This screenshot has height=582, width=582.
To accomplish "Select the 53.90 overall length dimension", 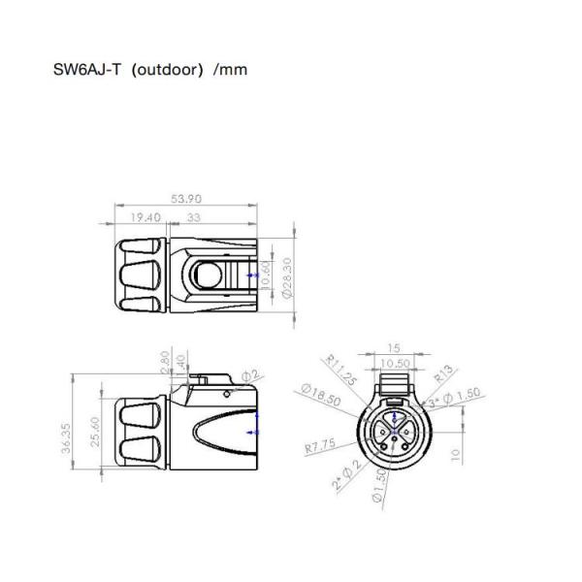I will point(186,199).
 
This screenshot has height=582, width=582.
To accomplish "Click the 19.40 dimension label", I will point(144,218).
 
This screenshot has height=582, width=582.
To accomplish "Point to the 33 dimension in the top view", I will point(194,218).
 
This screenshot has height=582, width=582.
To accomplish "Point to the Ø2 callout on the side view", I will point(249,374).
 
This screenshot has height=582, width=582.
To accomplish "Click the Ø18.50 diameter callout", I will point(320,394).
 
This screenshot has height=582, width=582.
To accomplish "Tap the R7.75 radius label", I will point(320,448).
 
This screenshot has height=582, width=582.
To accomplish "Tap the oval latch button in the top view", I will point(207,275).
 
